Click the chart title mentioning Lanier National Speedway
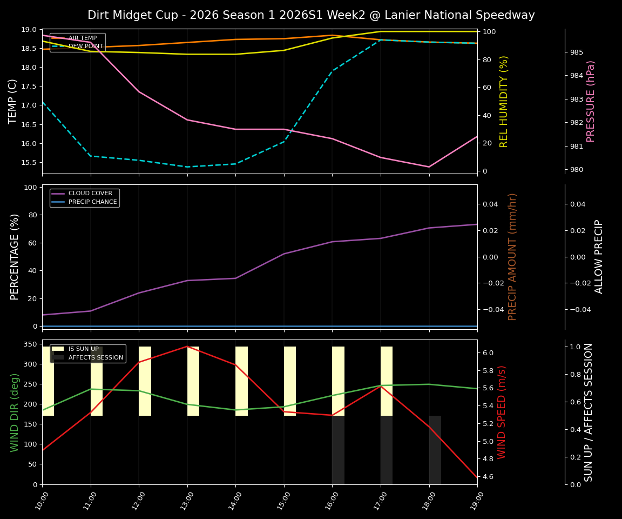pyautogui.click(x=311, y=15)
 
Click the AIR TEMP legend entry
pyautogui.click(x=82, y=38)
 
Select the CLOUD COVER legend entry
pyautogui.click(x=90, y=194)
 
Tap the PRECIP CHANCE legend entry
pyautogui.click(x=92, y=202)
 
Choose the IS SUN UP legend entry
pyautogui.click(x=83, y=349)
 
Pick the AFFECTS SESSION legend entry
pyautogui.click(x=96, y=358)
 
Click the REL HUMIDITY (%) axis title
pyautogui.click(x=504, y=101)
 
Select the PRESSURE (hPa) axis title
pyautogui.click(x=591, y=101)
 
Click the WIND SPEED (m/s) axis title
pyautogui.click(x=502, y=412)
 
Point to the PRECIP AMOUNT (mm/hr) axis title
pyautogui.click(x=512, y=257)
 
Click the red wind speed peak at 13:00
pyautogui.click(x=187, y=346)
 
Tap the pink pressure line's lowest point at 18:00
pyautogui.click(x=429, y=167)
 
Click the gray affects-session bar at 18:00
pyautogui.click(x=435, y=450)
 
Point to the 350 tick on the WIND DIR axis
pyautogui.click(x=30, y=344)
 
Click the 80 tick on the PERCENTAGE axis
pyautogui.click(x=32, y=215)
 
